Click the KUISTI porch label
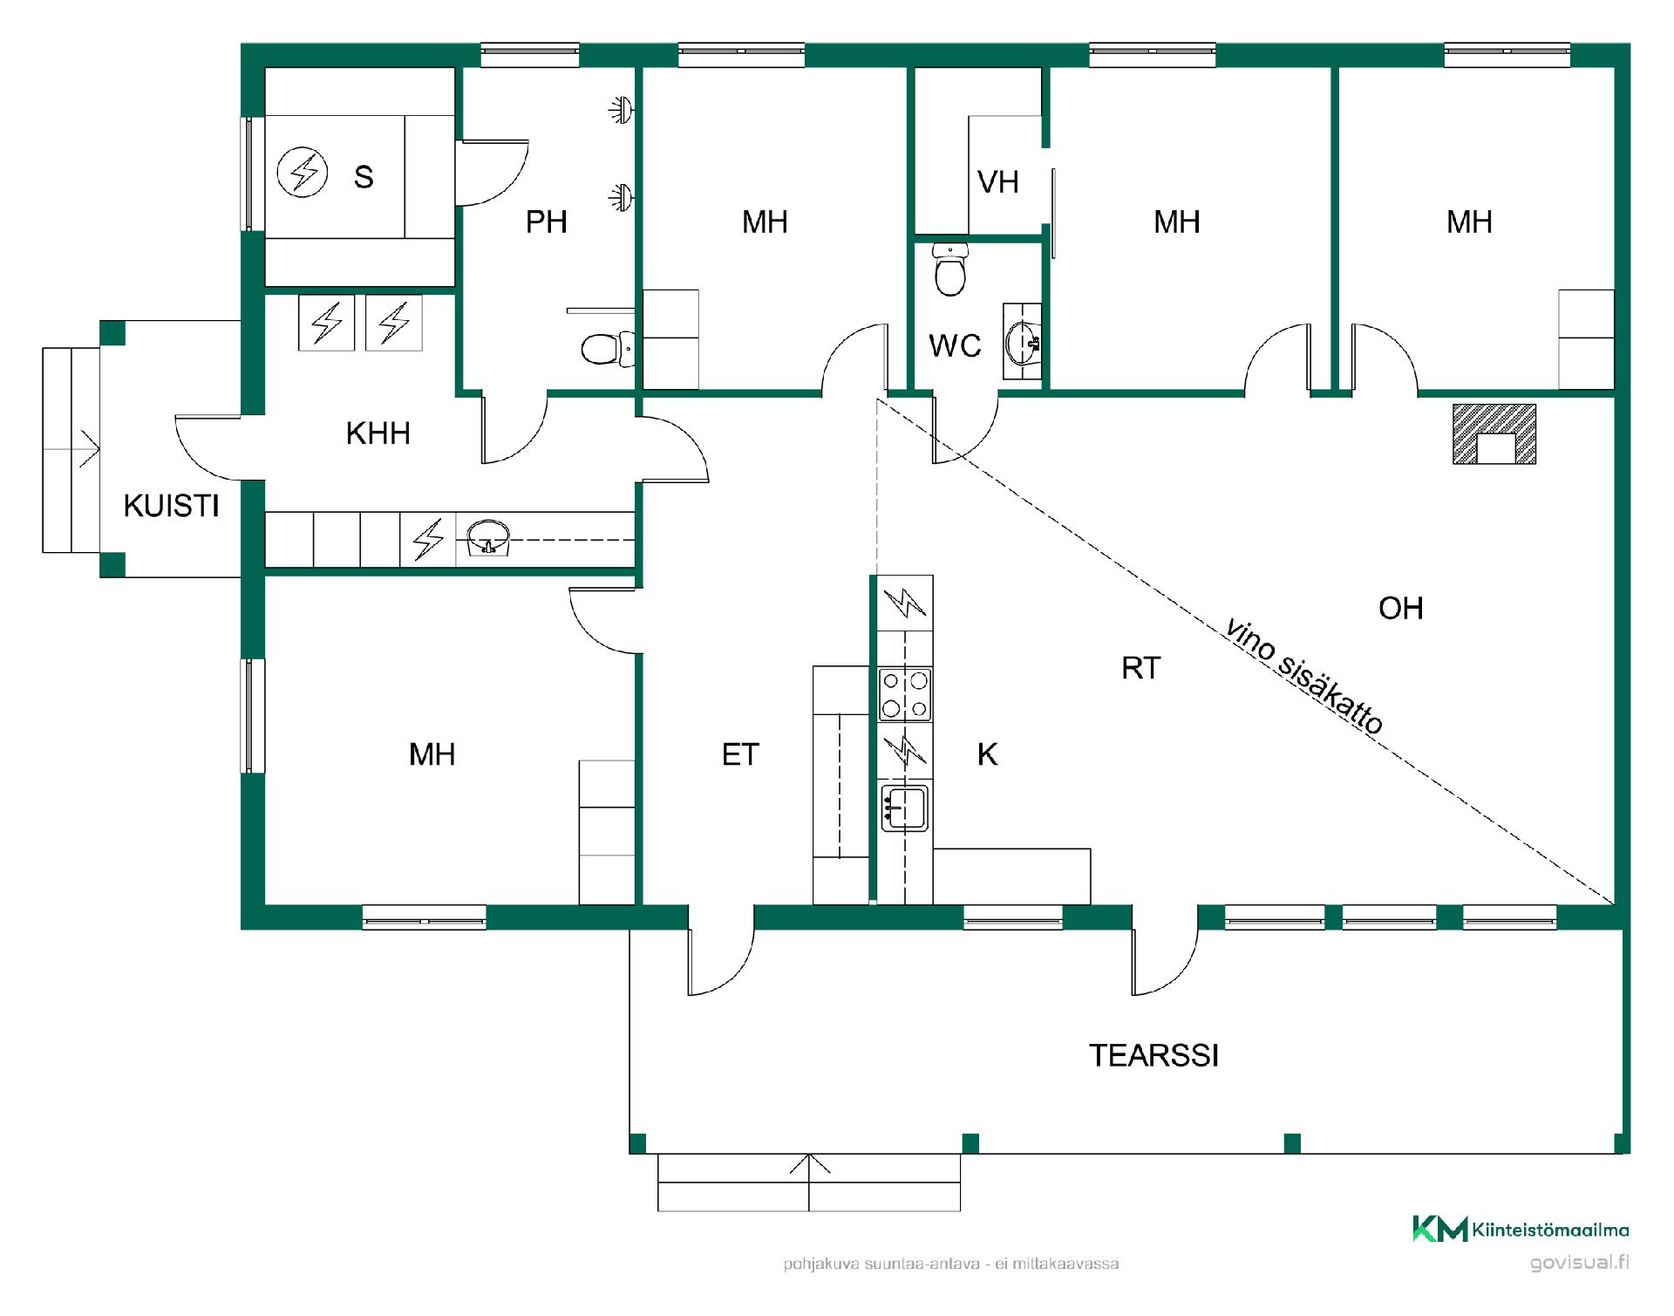tap(171, 506)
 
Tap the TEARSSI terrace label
tap(1153, 1055)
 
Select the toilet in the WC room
tap(949, 268)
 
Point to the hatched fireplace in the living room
tap(1494, 433)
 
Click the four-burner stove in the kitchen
tap(905, 694)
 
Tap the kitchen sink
tap(904, 808)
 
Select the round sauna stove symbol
tap(303, 172)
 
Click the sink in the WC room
tap(1023, 342)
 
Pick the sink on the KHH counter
tap(489, 536)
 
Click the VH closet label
tap(998, 182)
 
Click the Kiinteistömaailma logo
tap(1521, 1230)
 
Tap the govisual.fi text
tap(1580, 1263)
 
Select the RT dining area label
tap(1140, 668)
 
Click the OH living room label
tap(1401, 608)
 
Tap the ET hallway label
tap(740, 754)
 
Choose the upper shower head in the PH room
tap(620, 110)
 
